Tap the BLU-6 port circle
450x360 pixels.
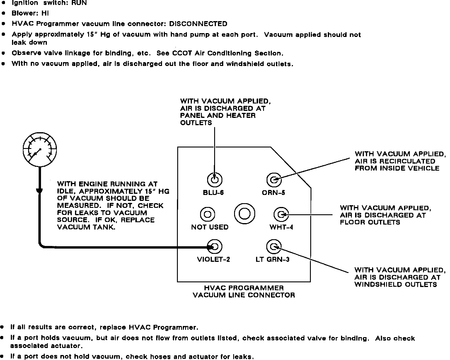[x=214, y=179]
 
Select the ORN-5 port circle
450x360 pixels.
[x=274, y=179]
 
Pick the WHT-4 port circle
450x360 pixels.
[x=281, y=215]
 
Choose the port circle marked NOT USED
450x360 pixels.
[x=207, y=214]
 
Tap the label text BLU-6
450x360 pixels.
[x=213, y=193]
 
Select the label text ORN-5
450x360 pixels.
[x=273, y=193]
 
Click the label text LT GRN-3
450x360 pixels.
[x=272, y=260]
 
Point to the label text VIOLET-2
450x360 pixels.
[x=213, y=260]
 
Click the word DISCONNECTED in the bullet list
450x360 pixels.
[x=198, y=24]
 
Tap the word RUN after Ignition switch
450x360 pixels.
[x=79, y=3]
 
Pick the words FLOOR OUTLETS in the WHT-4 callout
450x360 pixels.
[x=370, y=222]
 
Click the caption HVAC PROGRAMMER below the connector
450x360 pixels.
[x=244, y=288]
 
